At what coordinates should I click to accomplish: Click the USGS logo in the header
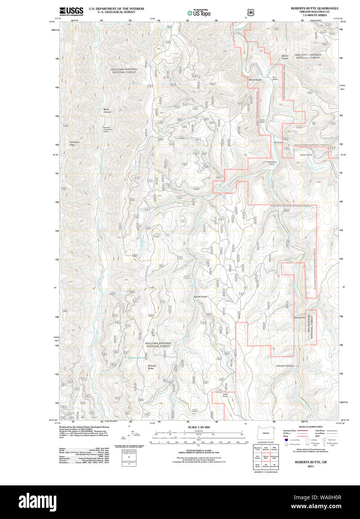[71, 11]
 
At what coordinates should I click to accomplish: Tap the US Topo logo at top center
[199, 13]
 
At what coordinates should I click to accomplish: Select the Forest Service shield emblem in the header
[251, 12]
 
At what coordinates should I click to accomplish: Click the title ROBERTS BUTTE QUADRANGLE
[314, 8]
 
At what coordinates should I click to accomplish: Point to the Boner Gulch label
[285, 57]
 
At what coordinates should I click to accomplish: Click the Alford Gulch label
[255, 80]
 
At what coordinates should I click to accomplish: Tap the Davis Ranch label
[262, 121]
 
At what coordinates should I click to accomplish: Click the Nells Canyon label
[107, 111]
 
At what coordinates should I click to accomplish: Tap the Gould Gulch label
[200, 297]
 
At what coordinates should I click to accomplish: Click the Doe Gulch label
[299, 318]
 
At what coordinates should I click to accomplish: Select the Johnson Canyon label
[285, 366]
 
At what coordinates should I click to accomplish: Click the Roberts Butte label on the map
[151, 367]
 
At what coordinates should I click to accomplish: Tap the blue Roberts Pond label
[136, 358]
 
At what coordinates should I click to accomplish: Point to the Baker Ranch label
[225, 395]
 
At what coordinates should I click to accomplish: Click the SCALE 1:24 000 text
[198, 427]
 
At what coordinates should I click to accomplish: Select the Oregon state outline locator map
[266, 432]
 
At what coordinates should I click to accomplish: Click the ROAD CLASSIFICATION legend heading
[310, 427]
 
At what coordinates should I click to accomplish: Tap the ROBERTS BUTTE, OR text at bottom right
[310, 462]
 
